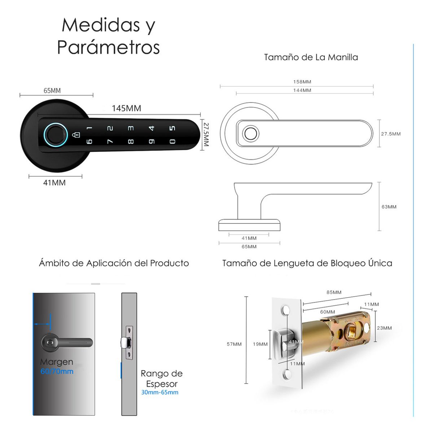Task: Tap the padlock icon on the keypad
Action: tap(76, 135)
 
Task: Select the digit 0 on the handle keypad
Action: tap(172, 141)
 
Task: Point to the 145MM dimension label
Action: tap(126, 108)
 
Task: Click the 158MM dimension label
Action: tap(302, 82)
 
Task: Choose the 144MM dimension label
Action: tap(302, 90)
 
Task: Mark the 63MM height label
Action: tap(389, 207)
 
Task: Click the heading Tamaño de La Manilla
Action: tap(311, 57)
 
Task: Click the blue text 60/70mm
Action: tap(57, 371)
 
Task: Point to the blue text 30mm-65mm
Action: tap(159, 392)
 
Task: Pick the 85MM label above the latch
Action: tap(334, 292)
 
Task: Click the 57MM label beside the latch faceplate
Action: tap(234, 344)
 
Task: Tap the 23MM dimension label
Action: tap(384, 328)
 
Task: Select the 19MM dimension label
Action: tap(260, 344)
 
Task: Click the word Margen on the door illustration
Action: tap(57, 362)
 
